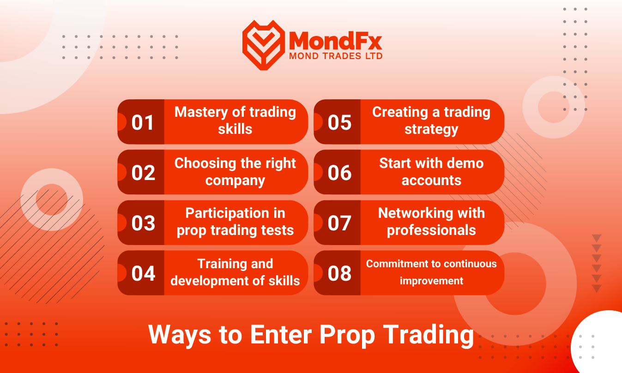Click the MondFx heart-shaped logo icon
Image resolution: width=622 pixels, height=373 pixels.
pyautogui.click(x=264, y=45)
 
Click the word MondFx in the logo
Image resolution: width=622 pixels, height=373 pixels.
pyautogui.click(x=335, y=41)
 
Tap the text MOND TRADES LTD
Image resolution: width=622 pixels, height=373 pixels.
pyautogui.click(x=336, y=56)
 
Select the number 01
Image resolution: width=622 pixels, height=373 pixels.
pyautogui.click(x=142, y=122)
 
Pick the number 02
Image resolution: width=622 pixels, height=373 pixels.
pyautogui.click(x=143, y=173)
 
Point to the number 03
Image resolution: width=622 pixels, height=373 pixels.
pyautogui.click(x=143, y=223)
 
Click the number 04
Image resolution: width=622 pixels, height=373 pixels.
pyautogui.click(x=143, y=273)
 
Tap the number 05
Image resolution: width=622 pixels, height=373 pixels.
pyautogui.click(x=339, y=122)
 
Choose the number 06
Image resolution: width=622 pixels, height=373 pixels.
pyautogui.click(x=339, y=173)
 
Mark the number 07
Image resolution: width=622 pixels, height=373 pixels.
pyautogui.click(x=339, y=223)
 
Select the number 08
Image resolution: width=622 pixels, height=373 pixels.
pyautogui.click(x=339, y=273)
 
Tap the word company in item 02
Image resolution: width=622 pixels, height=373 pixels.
pyautogui.click(x=235, y=181)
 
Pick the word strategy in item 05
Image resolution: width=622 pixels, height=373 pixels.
pyautogui.click(x=431, y=130)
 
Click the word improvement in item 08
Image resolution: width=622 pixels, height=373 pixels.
pyautogui.click(x=431, y=281)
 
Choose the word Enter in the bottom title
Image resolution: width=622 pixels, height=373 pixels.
pyautogui.click(x=281, y=335)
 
